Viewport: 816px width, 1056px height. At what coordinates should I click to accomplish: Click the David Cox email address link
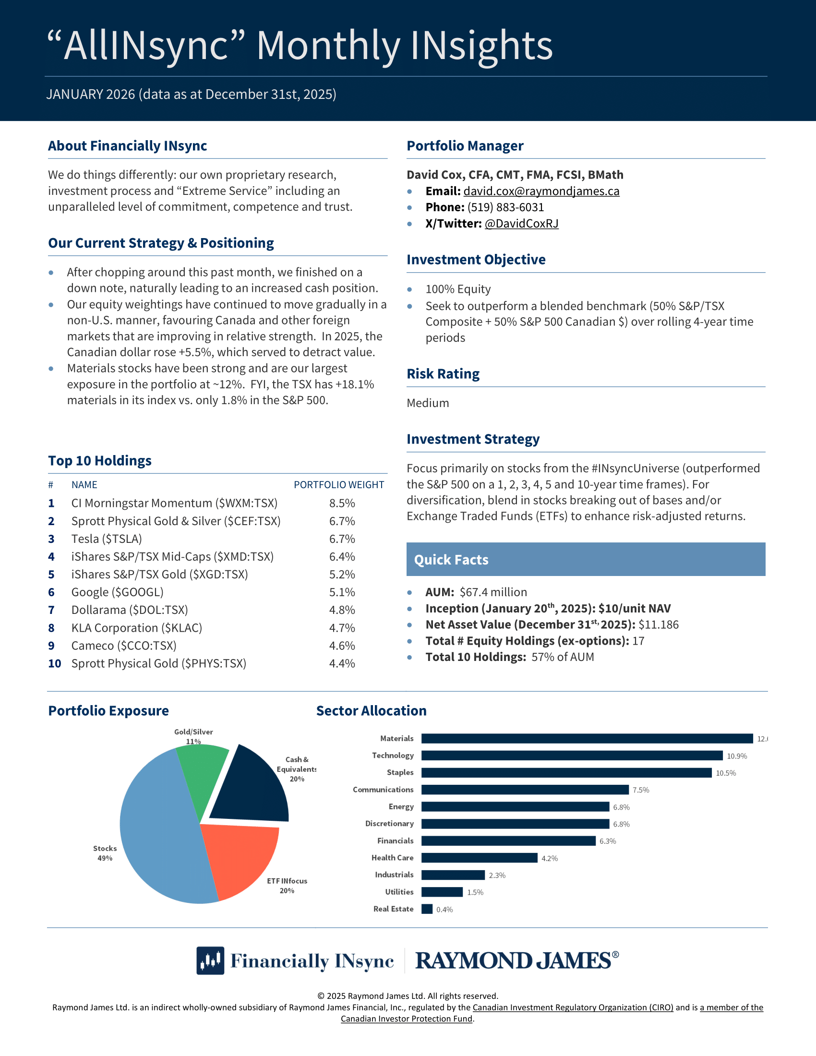coord(541,191)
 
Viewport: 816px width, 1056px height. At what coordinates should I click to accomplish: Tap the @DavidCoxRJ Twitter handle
coord(521,223)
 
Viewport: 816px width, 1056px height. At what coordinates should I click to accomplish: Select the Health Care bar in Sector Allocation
coord(479,858)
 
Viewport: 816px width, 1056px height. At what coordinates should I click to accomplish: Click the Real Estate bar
coord(426,909)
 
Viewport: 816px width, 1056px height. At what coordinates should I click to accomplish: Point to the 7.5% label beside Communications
coord(640,790)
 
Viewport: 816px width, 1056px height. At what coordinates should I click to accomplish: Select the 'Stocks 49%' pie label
coord(105,853)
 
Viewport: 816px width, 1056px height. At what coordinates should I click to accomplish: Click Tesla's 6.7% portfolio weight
coord(342,539)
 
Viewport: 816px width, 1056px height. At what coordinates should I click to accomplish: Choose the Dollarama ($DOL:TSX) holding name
coord(130,610)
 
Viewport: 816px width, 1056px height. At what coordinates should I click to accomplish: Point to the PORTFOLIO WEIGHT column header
coord(339,485)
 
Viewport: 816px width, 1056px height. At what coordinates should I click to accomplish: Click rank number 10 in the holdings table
coord(54,664)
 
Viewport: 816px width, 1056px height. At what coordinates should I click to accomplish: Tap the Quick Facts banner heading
coord(451,560)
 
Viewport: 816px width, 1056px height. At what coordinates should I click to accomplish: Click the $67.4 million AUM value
coord(493,592)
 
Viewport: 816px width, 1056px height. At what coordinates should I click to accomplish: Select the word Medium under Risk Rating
coord(427,403)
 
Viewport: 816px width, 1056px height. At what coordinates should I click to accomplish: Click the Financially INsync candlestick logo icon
coord(210,960)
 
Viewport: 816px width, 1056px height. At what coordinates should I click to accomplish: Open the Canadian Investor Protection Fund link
coord(407,1019)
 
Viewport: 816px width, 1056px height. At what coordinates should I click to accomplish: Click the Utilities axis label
coord(399,892)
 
